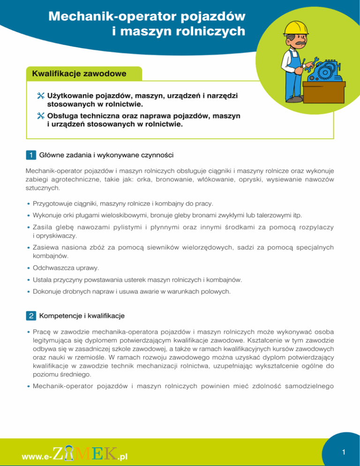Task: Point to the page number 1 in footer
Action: click(344, 452)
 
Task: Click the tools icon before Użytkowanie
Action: click(40, 96)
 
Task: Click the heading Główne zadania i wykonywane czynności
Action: click(107, 154)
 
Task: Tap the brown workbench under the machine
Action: click(324, 92)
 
